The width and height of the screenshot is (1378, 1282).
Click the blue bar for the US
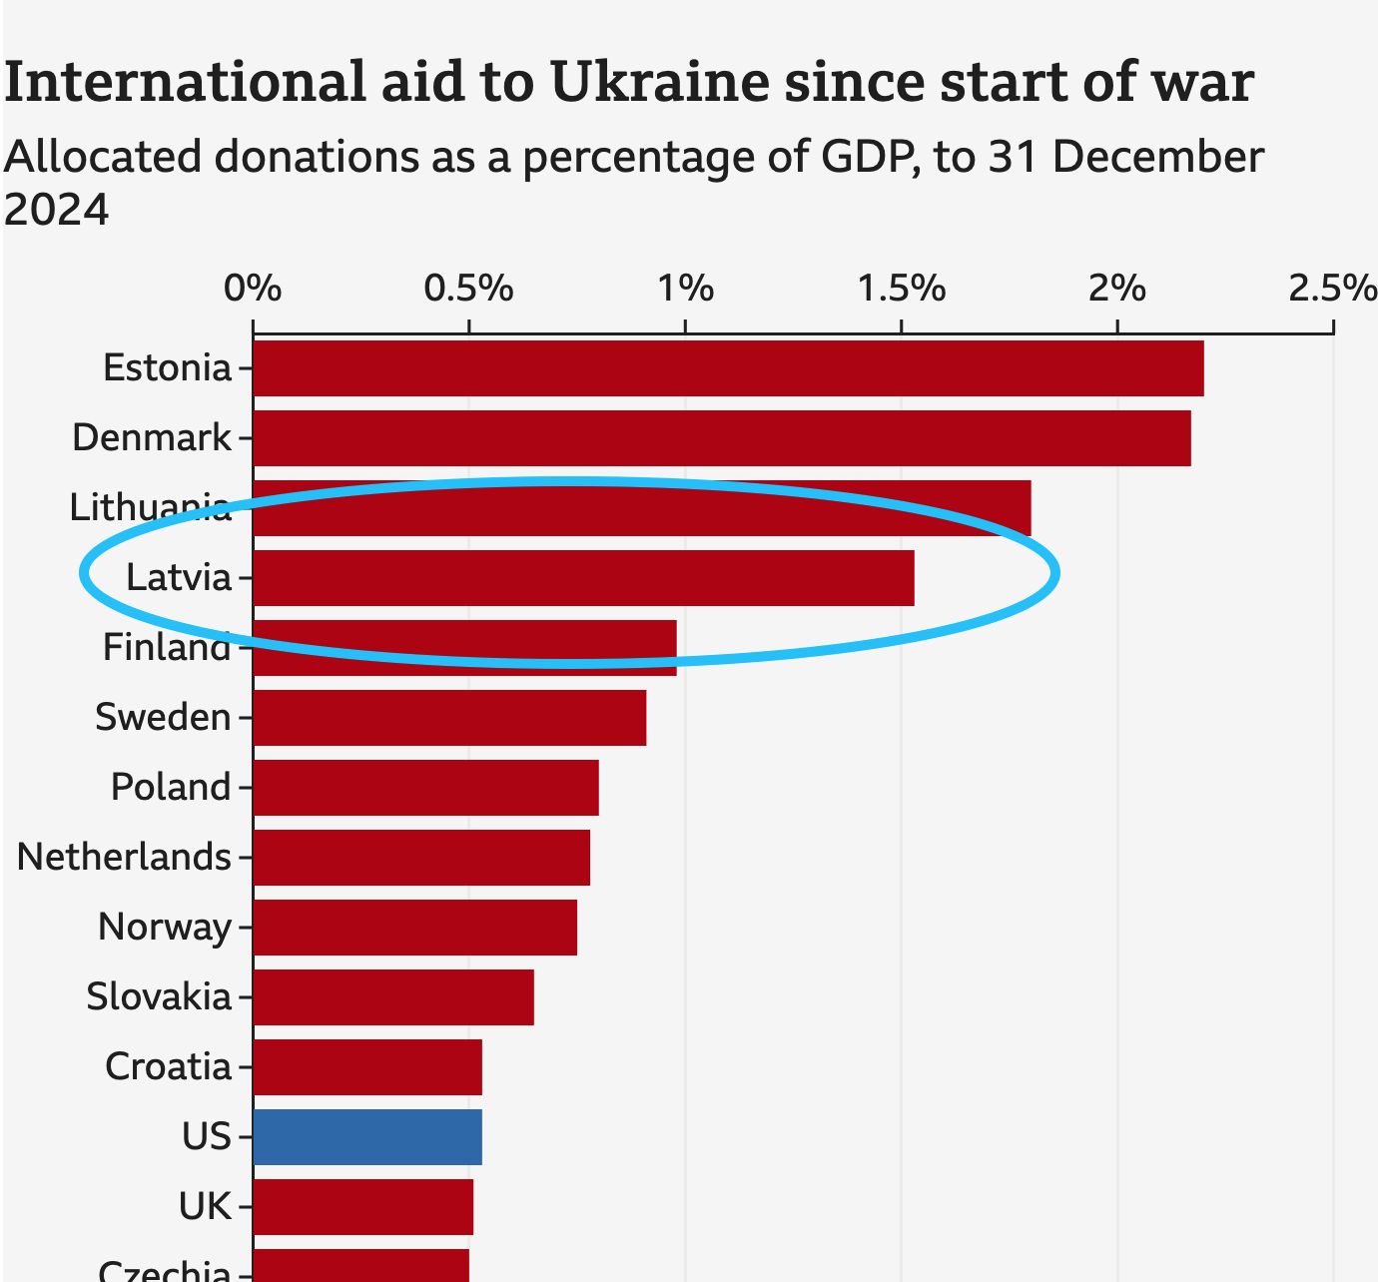coord(367,1136)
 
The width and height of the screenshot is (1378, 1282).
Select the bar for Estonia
coord(728,368)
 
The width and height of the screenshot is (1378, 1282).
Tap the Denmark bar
coord(721,438)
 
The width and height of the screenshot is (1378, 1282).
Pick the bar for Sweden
coord(449,718)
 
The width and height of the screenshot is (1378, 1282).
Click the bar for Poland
coord(425,788)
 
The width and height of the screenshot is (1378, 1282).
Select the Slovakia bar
coord(393,997)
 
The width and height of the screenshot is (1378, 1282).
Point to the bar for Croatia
coord(367,1067)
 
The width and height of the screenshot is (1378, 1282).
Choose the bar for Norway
coord(414,928)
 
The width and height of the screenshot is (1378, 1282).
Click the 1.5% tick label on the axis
coord(902,289)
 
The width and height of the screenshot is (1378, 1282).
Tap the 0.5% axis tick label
coord(468,289)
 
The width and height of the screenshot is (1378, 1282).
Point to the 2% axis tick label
coord(1117,289)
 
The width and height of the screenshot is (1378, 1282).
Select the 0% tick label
coord(253,289)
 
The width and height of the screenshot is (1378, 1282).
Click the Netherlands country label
coord(124,858)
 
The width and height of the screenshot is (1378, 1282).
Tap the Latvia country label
coord(179,578)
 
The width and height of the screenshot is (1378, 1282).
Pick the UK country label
coord(205,1207)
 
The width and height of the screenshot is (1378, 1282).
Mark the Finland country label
coord(167,648)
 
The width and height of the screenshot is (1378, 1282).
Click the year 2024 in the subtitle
coord(56,210)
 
